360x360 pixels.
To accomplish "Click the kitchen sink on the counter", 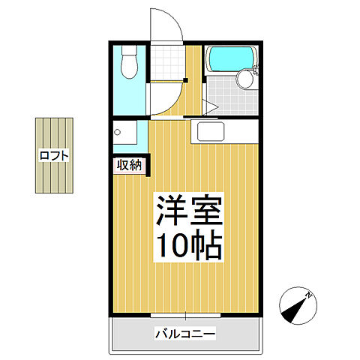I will click(211, 133).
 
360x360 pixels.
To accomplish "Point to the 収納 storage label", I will click(128, 164).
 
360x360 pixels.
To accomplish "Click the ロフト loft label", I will click(55, 155).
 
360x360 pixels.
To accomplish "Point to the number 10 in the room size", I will click(173, 244).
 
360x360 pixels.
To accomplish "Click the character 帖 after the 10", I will click(207, 244).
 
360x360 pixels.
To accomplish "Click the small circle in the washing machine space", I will click(118, 133).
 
